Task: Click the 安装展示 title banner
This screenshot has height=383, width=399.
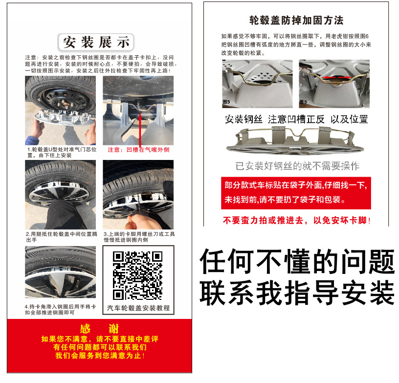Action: click(96, 42)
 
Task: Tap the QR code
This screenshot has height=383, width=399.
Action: click(138, 275)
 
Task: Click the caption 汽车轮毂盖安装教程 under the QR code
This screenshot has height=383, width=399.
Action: click(138, 308)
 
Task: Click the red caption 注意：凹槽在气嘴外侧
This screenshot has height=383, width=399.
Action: click(138, 150)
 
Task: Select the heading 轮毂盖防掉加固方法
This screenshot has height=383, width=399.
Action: click(296, 21)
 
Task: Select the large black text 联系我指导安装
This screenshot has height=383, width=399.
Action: click(297, 293)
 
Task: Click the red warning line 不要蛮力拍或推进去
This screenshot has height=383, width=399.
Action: click(296, 221)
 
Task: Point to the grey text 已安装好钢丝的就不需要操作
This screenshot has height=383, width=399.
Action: click(297, 166)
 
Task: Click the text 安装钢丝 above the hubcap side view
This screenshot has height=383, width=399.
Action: click(244, 119)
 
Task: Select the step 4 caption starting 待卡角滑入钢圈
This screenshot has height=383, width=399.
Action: click(61, 310)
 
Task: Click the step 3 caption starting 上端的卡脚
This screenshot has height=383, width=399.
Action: click(138, 237)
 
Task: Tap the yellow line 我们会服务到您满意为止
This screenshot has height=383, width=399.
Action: click(100, 356)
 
